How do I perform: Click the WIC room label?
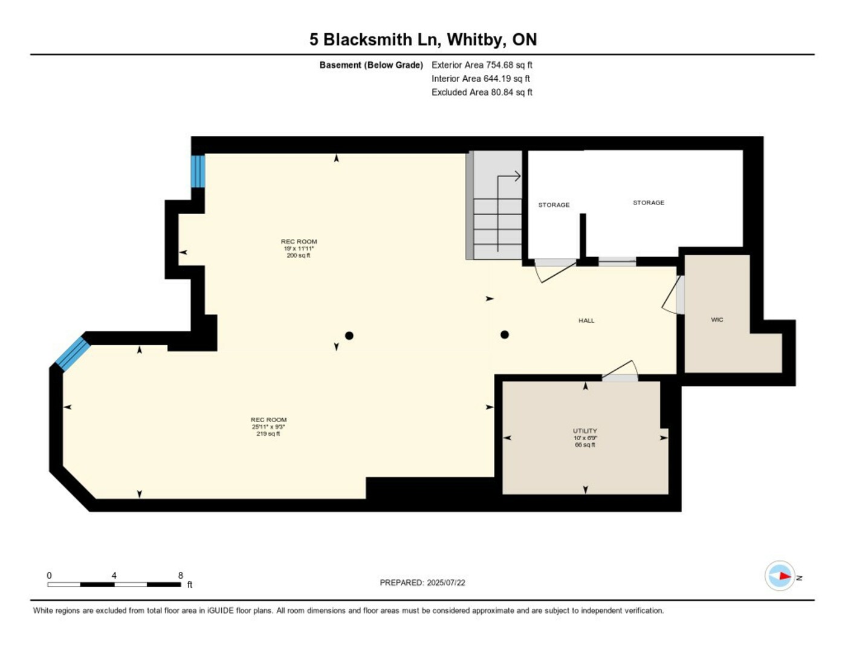click(x=717, y=320)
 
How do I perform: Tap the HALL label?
click(x=586, y=320)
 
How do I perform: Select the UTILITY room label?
click(x=585, y=430)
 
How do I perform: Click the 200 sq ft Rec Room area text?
click(x=298, y=256)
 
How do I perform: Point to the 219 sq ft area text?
click(x=268, y=434)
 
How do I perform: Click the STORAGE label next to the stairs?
click(x=554, y=205)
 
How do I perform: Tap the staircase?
click(x=494, y=206)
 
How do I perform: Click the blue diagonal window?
click(x=73, y=354)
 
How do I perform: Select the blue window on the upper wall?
click(x=198, y=171)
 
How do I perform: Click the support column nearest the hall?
click(x=504, y=334)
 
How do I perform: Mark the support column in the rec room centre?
click(x=349, y=336)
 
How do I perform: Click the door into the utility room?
click(x=620, y=371)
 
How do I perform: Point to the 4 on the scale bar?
click(x=114, y=575)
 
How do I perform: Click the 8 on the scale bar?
click(x=181, y=575)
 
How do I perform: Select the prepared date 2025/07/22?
click(x=445, y=583)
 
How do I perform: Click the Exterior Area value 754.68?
click(x=499, y=65)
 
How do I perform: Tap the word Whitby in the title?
click(x=476, y=40)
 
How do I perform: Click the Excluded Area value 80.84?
click(x=501, y=92)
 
